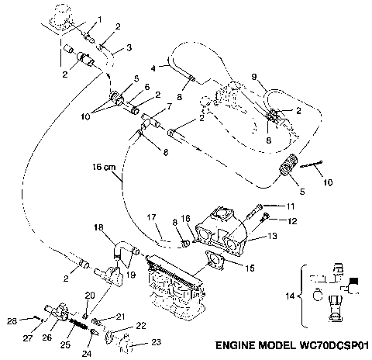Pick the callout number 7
169,106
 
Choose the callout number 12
291,221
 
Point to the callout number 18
98,227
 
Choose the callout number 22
141,325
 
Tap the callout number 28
11,319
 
